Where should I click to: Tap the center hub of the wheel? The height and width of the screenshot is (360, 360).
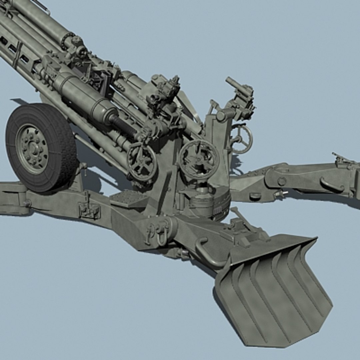[33, 149]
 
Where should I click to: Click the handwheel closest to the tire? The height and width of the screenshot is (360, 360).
[142, 163]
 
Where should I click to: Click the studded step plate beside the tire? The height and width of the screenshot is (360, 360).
[129, 199]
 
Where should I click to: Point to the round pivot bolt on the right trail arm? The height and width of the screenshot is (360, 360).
[282, 181]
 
